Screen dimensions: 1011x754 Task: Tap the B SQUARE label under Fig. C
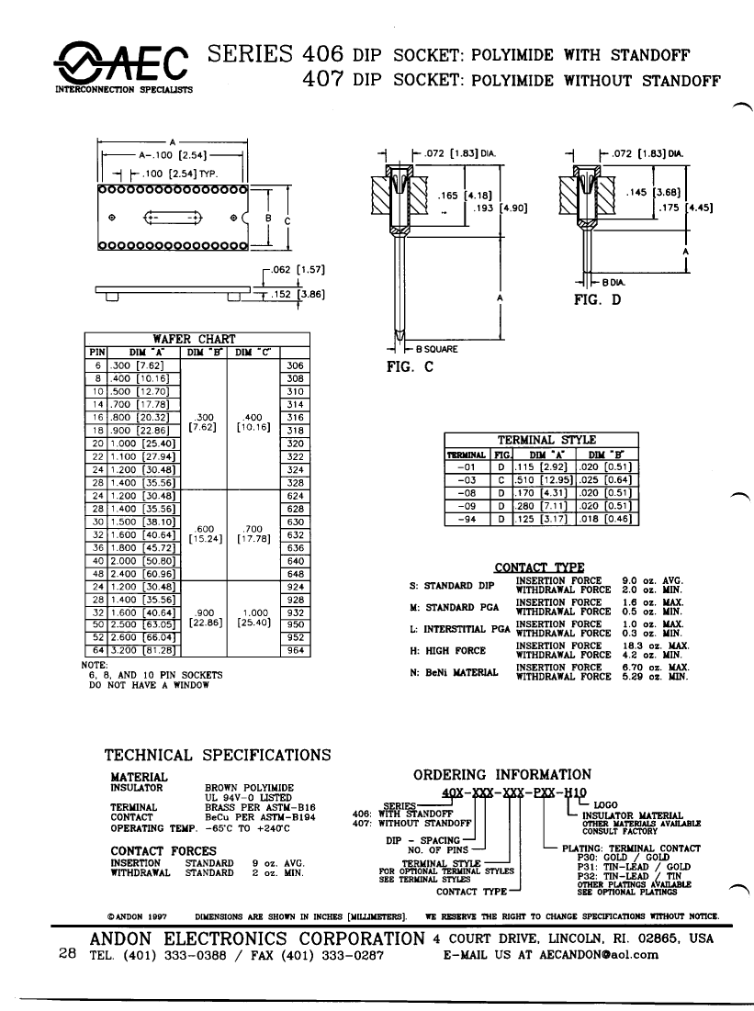tap(437, 349)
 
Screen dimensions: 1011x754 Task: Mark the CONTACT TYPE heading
tap(539, 567)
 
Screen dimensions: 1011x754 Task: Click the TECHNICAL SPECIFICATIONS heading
tap(218, 755)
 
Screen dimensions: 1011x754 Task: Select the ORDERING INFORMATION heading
tap(502, 775)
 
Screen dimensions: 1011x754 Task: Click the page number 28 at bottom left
tap(66, 954)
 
